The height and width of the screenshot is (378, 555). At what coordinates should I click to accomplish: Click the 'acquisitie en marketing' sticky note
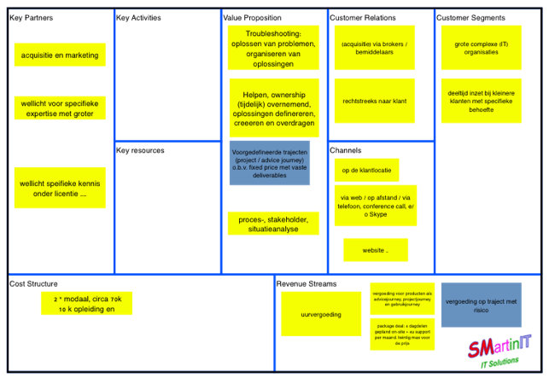[x=60, y=55]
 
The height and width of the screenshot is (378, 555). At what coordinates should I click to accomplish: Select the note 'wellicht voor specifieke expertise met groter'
[x=60, y=108]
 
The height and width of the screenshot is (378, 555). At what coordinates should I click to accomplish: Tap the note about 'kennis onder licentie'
[x=60, y=188]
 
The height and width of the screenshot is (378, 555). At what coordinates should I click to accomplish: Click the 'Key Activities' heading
[x=138, y=18]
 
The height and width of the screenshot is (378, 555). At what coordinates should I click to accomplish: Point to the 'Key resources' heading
[x=141, y=150]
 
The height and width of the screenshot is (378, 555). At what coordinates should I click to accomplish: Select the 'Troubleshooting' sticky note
[x=273, y=47]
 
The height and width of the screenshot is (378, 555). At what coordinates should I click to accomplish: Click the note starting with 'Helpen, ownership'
[x=273, y=105]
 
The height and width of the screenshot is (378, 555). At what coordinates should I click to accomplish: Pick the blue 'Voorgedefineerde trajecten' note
[x=270, y=163]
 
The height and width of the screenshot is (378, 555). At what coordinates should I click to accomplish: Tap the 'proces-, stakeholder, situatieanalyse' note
[x=273, y=224]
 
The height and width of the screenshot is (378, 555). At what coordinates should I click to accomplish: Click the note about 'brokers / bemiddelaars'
[x=374, y=47]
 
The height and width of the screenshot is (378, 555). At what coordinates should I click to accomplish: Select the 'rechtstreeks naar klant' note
[x=374, y=101]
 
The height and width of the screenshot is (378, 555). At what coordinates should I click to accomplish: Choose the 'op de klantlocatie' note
[x=366, y=171]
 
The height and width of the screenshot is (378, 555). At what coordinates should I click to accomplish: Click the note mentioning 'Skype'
[x=376, y=206]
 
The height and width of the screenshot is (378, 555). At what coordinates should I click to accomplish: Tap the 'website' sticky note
[x=376, y=250]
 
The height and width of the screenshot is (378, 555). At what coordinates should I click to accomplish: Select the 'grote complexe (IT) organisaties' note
[x=481, y=47]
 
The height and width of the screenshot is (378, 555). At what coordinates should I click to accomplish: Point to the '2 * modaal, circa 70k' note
[x=86, y=304]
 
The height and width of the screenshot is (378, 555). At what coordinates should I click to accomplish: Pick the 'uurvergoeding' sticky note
[x=321, y=315]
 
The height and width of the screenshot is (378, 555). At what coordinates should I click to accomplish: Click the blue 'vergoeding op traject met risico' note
[x=481, y=305]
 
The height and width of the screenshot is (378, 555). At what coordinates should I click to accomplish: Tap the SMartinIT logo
[x=499, y=350]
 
